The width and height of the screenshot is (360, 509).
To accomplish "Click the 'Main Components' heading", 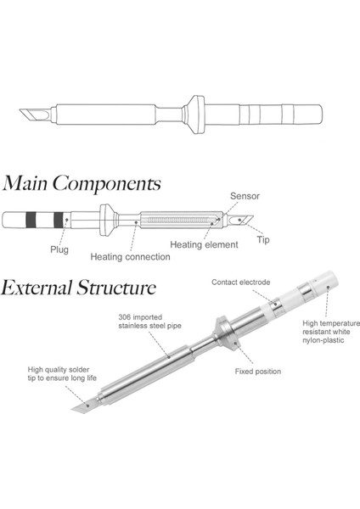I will (x=82, y=182).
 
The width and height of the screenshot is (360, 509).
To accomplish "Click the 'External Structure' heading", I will (x=78, y=287).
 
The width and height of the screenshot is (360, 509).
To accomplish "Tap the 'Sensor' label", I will (x=245, y=196).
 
